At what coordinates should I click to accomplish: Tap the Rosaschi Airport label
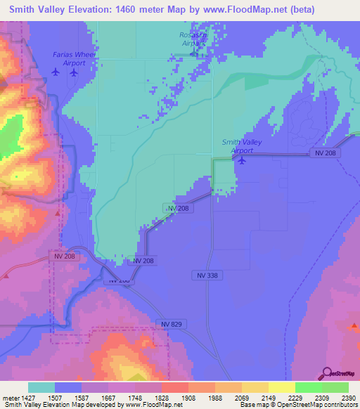[x=193, y=39]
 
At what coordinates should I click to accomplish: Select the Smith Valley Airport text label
[x=242, y=146]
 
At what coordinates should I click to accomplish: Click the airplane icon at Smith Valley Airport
[x=242, y=160]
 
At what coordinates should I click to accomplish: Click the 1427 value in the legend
[x=26, y=397]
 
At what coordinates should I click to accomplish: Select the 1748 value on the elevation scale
[x=134, y=397]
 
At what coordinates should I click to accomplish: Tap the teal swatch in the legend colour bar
[x=41, y=387]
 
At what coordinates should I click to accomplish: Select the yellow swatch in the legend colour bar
[x=281, y=387]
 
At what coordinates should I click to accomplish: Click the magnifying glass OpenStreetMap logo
[x=326, y=373]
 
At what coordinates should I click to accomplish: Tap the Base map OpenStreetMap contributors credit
[x=298, y=405]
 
